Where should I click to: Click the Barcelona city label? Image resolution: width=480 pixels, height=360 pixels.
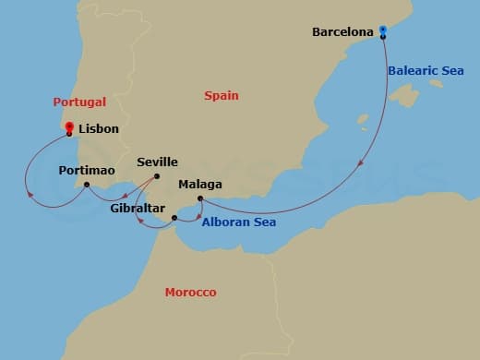click(x=342, y=31)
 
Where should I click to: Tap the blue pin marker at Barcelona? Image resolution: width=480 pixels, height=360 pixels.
click(x=383, y=32)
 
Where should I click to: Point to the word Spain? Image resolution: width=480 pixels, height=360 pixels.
click(x=221, y=95)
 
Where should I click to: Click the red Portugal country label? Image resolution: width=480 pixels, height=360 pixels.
click(x=79, y=102)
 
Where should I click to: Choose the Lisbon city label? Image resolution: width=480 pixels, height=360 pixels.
click(x=99, y=129)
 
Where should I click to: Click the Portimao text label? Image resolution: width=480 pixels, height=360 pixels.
click(x=87, y=171)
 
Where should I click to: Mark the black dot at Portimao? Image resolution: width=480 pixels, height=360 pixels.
click(x=87, y=185)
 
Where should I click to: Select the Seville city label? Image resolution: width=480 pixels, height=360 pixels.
click(x=157, y=162)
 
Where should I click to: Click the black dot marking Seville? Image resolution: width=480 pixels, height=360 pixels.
click(x=157, y=175)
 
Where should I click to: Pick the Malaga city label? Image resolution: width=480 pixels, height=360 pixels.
click(x=200, y=184)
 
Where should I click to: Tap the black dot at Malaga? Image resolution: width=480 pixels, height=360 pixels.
click(x=200, y=198)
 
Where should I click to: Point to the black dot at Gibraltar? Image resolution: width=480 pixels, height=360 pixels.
click(x=174, y=218)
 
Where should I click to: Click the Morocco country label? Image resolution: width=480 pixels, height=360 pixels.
click(x=190, y=293)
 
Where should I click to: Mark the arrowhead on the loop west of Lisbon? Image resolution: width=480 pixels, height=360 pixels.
click(x=32, y=195)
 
